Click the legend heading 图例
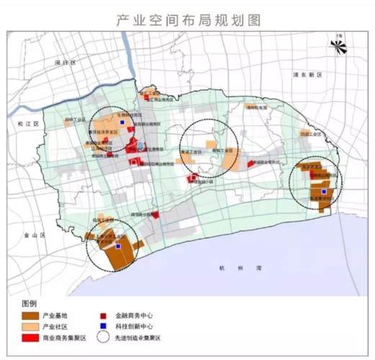click(30, 303)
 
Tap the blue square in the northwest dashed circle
click(122, 123)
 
